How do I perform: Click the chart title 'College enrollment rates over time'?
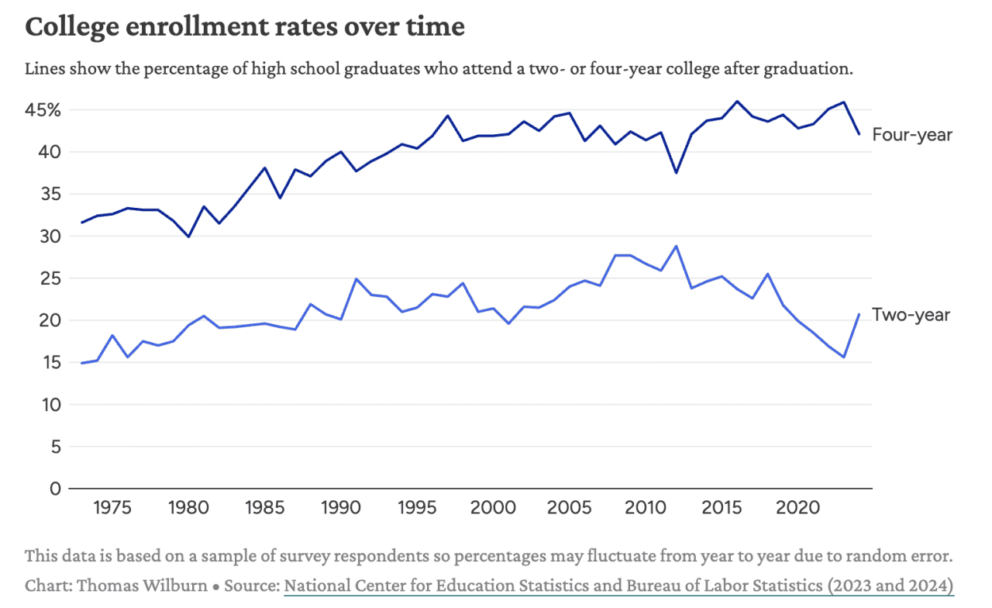245,27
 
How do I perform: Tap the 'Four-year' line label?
912,135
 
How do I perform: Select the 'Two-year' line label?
911,315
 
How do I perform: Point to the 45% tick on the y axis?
43,110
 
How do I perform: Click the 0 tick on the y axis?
55,489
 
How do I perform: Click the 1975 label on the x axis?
112,509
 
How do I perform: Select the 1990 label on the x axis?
339,509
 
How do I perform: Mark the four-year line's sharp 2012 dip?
676,172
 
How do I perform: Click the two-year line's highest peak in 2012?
676,246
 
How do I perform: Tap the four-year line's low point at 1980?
188,237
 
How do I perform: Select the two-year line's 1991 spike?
355,278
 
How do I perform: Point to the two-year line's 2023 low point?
843,358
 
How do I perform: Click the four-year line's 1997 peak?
447,116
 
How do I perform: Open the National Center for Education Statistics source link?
618,586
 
